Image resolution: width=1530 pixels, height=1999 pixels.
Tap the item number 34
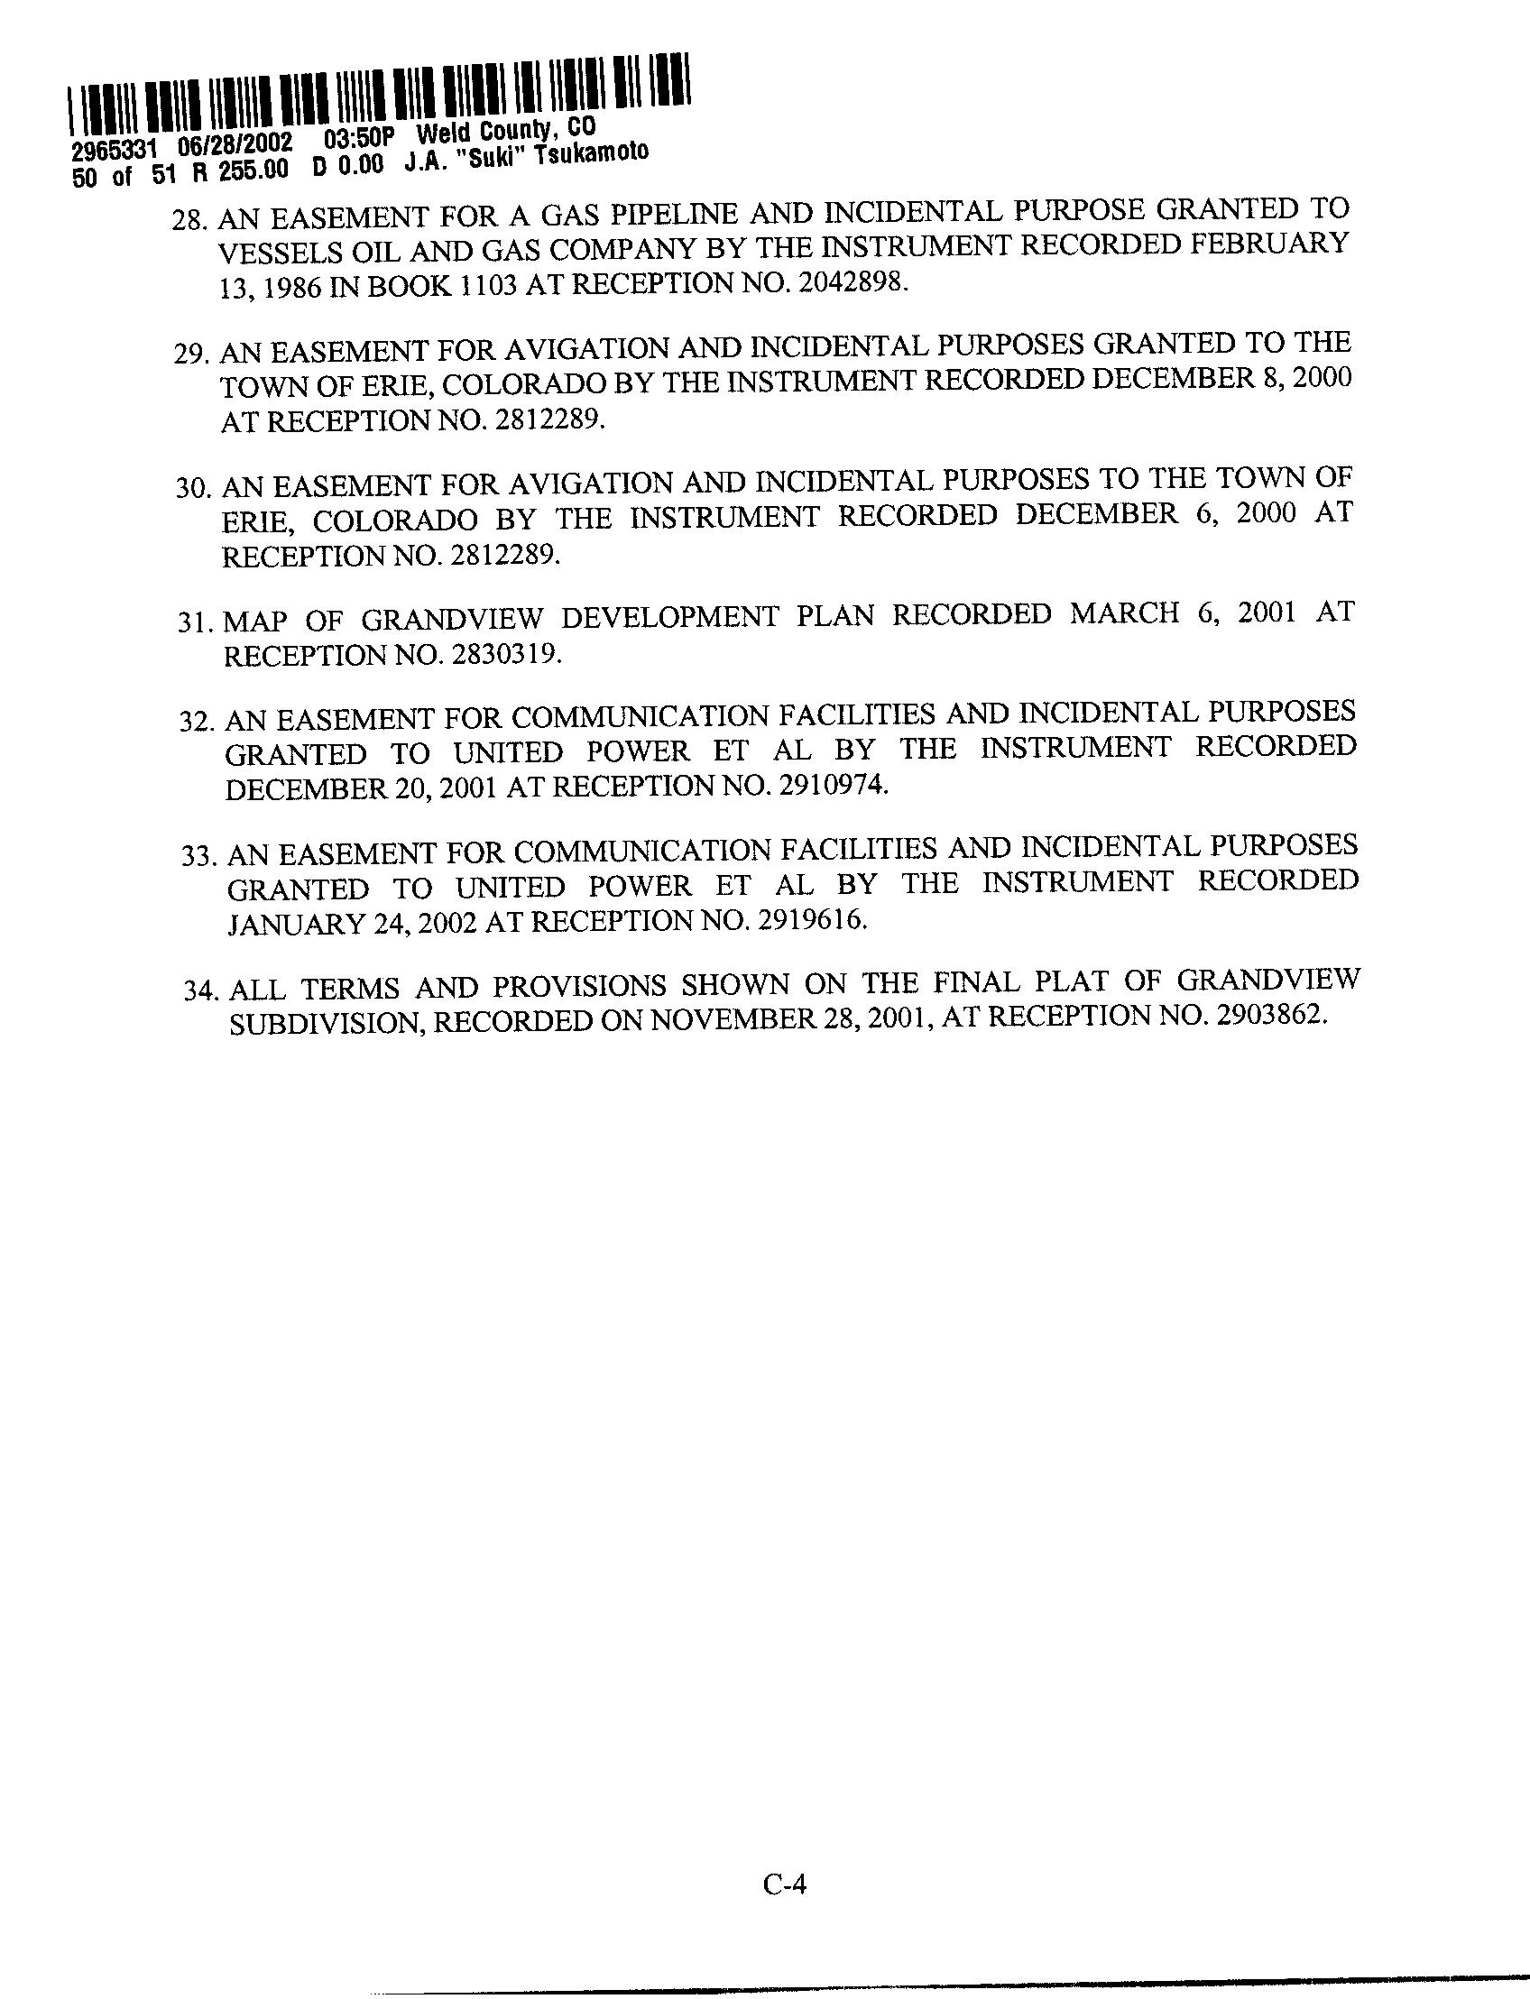click(x=201, y=990)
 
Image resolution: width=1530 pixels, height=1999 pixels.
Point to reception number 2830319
click(x=505, y=655)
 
